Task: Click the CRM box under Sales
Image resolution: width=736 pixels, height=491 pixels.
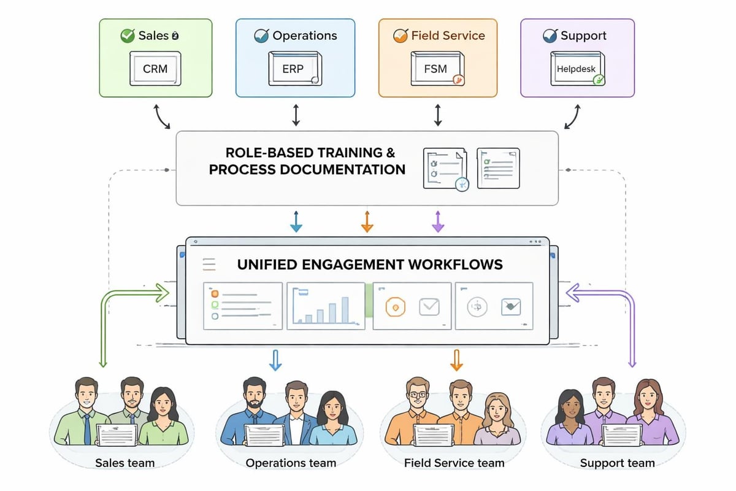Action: tap(155, 69)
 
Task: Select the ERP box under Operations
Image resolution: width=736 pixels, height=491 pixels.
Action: tap(293, 69)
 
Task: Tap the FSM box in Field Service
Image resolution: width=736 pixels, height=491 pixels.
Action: tap(435, 69)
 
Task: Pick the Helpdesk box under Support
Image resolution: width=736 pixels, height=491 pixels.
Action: tap(577, 69)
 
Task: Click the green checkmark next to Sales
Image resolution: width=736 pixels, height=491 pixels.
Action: tap(128, 36)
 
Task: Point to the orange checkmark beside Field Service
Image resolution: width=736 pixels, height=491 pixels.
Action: tap(401, 36)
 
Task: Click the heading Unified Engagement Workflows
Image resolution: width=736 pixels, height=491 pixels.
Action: tap(369, 265)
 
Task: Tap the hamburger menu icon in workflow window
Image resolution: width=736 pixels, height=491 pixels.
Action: tap(209, 264)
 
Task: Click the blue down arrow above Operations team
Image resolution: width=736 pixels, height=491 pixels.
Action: tap(275, 360)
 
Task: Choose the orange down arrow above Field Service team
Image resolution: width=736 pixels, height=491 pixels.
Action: tap(456, 360)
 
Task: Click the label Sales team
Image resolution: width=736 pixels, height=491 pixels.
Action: tap(125, 463)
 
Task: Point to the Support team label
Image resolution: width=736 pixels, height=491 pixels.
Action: tap(617, 463)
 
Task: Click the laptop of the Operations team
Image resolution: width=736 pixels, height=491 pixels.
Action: tap(264, 435)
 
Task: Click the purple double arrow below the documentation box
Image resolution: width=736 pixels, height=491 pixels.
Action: tap(437, 221)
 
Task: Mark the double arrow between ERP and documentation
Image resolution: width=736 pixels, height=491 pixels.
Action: tap(296, 115)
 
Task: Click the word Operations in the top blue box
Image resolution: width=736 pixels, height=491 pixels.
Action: tap(305, 36)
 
